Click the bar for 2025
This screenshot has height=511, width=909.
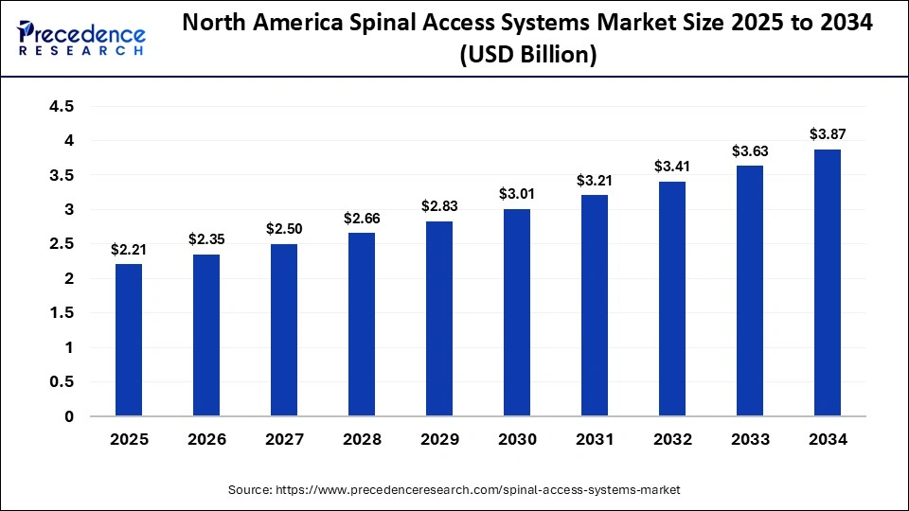(x=129, y=341)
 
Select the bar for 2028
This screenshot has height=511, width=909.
(x=362, y=325)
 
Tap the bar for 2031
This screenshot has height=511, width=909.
(x=595, y=306)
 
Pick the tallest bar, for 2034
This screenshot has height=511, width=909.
(x=828, y=283)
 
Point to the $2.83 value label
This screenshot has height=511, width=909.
(x=439, y=204)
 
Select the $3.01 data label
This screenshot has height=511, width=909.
(x=517, y=193)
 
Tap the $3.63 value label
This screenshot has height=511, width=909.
(x=750, y=150)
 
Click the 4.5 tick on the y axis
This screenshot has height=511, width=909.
(x=62, y=106)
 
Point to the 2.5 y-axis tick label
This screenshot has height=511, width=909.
(x=62, y=244)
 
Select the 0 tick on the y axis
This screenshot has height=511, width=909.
(x=69, y=416)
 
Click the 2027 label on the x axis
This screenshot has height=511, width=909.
(x=284, y=440)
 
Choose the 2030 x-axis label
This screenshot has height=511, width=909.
(x=517, y=440)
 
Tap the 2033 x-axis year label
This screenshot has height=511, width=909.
(x=750, y=440)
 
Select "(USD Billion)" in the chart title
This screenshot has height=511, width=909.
(x=527, y=55)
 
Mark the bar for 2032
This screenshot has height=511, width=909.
(x=672, y=299)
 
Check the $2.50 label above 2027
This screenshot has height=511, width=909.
(x=284, y=228)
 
